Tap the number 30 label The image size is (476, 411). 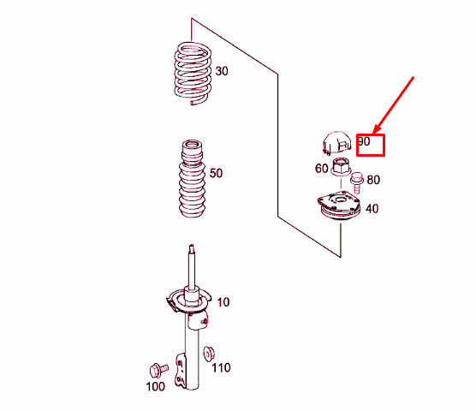click(x=222, y=72)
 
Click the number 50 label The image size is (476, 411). click(x=216, y=173)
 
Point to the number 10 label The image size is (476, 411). click(x=223, y=302)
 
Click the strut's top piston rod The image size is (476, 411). click(x=193, y=265)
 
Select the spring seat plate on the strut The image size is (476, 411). click(x=187, y=301)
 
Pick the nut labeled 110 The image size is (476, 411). click(x=208, y=352)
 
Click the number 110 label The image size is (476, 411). click(x=222, y=368)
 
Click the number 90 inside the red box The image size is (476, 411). click(x=364, y=142)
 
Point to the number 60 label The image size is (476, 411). click(x=321, y=169)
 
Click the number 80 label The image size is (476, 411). click(x=372, y=180)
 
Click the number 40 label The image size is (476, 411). click(x=372, y=208)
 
